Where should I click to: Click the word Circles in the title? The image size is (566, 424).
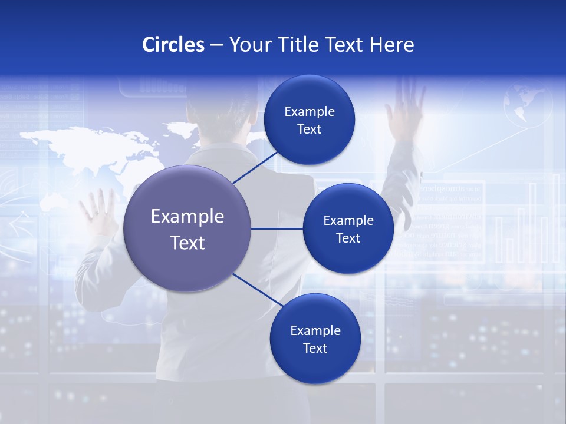tap(173, 45)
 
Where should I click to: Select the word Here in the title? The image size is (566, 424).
tap(391, 45)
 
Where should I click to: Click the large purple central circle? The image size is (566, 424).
tap(187, 228)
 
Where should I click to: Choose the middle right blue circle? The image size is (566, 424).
tap(348, 228)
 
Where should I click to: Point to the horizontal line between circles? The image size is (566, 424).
tap(277, 228)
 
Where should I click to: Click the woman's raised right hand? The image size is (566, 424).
tap(406, 106)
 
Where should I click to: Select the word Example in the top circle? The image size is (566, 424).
tap(310, 111)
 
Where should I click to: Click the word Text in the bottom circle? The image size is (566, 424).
tap(315, 348)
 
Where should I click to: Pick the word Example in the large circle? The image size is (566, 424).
tap(187, 217)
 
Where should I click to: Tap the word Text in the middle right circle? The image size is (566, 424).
tap(348, 238)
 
